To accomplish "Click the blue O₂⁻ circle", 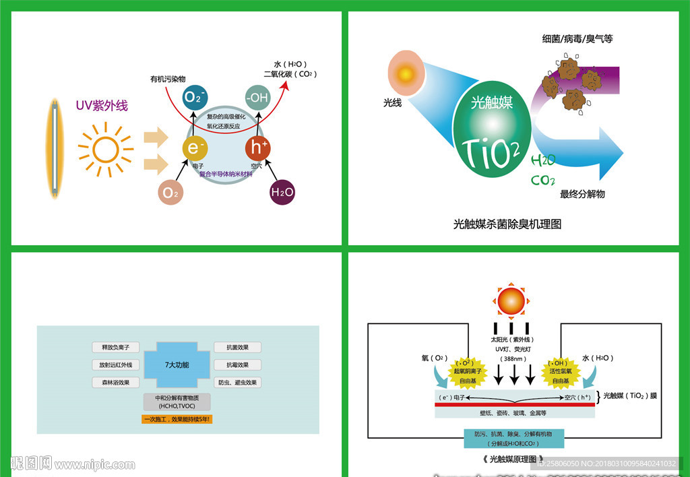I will (x=194, y=98).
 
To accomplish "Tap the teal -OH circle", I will (x=257, y=98).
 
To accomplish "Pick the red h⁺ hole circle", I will (x=257, y=148).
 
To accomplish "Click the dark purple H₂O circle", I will (x=282, y=192).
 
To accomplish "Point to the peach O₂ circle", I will (x=171, y=193).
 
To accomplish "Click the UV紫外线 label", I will (x=102, y=106).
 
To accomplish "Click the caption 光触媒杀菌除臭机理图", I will (x=507, y=224).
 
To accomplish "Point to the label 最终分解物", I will (x=582, y=194).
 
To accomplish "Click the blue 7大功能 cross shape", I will (x=177, y=364).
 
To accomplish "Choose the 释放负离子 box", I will (x=116, y=348).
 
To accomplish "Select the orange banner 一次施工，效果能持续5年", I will (x=177, y=419).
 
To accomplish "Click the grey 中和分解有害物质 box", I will (x=177, y=402).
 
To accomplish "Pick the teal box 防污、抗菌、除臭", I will (x=513, y=439).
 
